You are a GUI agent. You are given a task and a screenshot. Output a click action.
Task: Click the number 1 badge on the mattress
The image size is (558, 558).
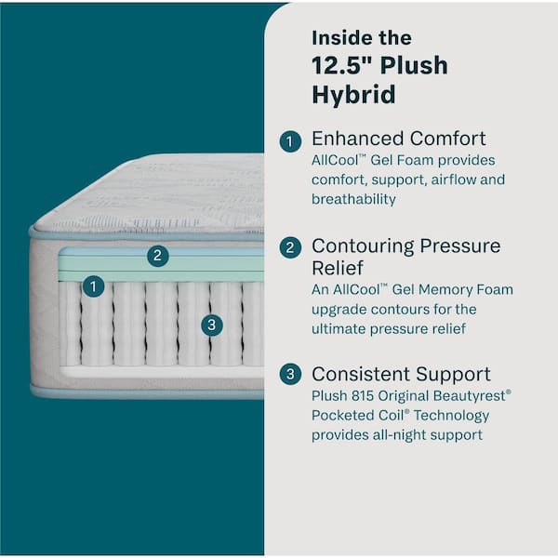tap(92, 287)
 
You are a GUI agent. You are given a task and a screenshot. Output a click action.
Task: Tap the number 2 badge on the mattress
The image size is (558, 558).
tap(158, 255)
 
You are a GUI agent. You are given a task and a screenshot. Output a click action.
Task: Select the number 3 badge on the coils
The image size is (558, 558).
tap(212, 325)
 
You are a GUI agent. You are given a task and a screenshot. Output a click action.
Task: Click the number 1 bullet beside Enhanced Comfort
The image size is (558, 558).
tap(291, 141)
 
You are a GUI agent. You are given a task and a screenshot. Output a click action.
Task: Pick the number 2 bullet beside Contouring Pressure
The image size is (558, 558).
tap(291, 247)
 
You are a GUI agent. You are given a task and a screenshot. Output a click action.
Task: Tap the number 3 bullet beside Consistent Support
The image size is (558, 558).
tap(291, 375)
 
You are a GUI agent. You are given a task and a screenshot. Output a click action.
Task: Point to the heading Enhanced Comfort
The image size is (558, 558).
tap(398, 139)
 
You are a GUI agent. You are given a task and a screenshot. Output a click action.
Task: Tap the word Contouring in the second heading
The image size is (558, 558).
tap(363, 246)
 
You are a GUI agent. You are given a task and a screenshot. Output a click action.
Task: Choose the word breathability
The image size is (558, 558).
tap(353, 199)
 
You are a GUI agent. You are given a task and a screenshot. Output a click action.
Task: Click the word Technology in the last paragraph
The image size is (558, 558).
tap(450, 416)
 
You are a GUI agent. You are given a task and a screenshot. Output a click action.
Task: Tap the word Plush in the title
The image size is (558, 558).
tap(413, 65)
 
